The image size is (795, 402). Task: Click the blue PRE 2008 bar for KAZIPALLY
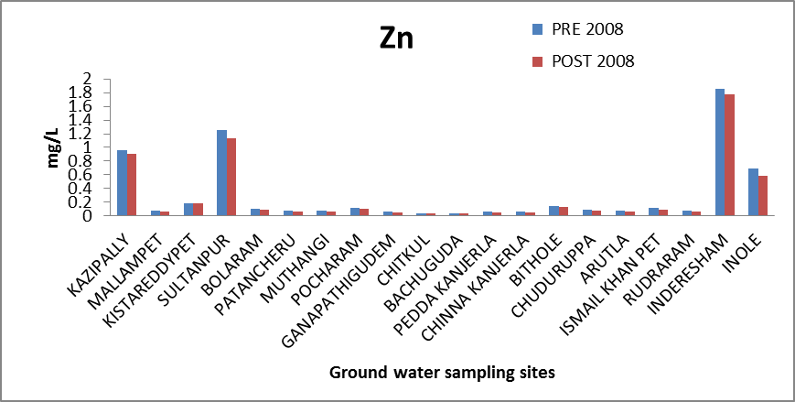122,182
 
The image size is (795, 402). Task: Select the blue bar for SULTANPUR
221,172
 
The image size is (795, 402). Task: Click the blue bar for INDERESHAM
720,152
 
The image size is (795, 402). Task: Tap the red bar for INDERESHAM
730,155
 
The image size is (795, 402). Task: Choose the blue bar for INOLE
753,191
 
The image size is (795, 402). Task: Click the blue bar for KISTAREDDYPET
188,209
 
